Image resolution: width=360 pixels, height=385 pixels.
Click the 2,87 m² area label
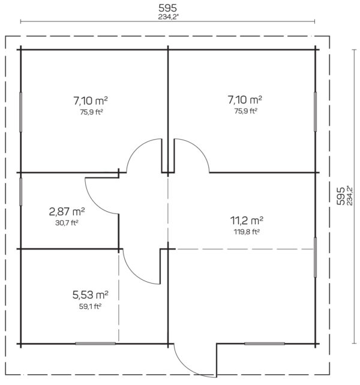pos(67,212)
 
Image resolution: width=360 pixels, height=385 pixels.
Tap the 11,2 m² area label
pos(247,221)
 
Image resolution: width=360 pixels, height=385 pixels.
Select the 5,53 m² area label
pos(91,294)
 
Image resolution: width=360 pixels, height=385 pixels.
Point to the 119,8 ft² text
pos(247,231)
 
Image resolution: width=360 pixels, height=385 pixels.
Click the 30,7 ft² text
pos(67,222)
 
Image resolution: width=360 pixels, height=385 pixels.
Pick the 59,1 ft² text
pos(91,306)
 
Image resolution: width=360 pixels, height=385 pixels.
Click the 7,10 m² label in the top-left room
pos(91,101)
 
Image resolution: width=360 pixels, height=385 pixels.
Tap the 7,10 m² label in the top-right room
pos(245,100)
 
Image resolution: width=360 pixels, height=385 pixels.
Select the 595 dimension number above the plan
pos(167,8)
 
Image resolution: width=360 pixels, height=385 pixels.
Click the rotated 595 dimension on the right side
pos(341,196)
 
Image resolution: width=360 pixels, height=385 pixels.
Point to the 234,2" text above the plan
pos(167,17)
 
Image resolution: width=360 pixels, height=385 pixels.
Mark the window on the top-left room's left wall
pos(20,112)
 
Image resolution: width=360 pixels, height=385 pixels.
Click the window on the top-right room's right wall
pos(315,112)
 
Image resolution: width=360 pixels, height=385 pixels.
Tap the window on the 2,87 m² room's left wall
pos(20,192)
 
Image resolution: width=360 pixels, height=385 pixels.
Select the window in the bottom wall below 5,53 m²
pos(95,343)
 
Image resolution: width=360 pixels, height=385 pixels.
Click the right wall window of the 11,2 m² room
pos(315,257)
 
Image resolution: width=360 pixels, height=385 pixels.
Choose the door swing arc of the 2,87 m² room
pos(95,203)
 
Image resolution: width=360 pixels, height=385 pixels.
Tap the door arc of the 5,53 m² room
pos(134,274)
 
